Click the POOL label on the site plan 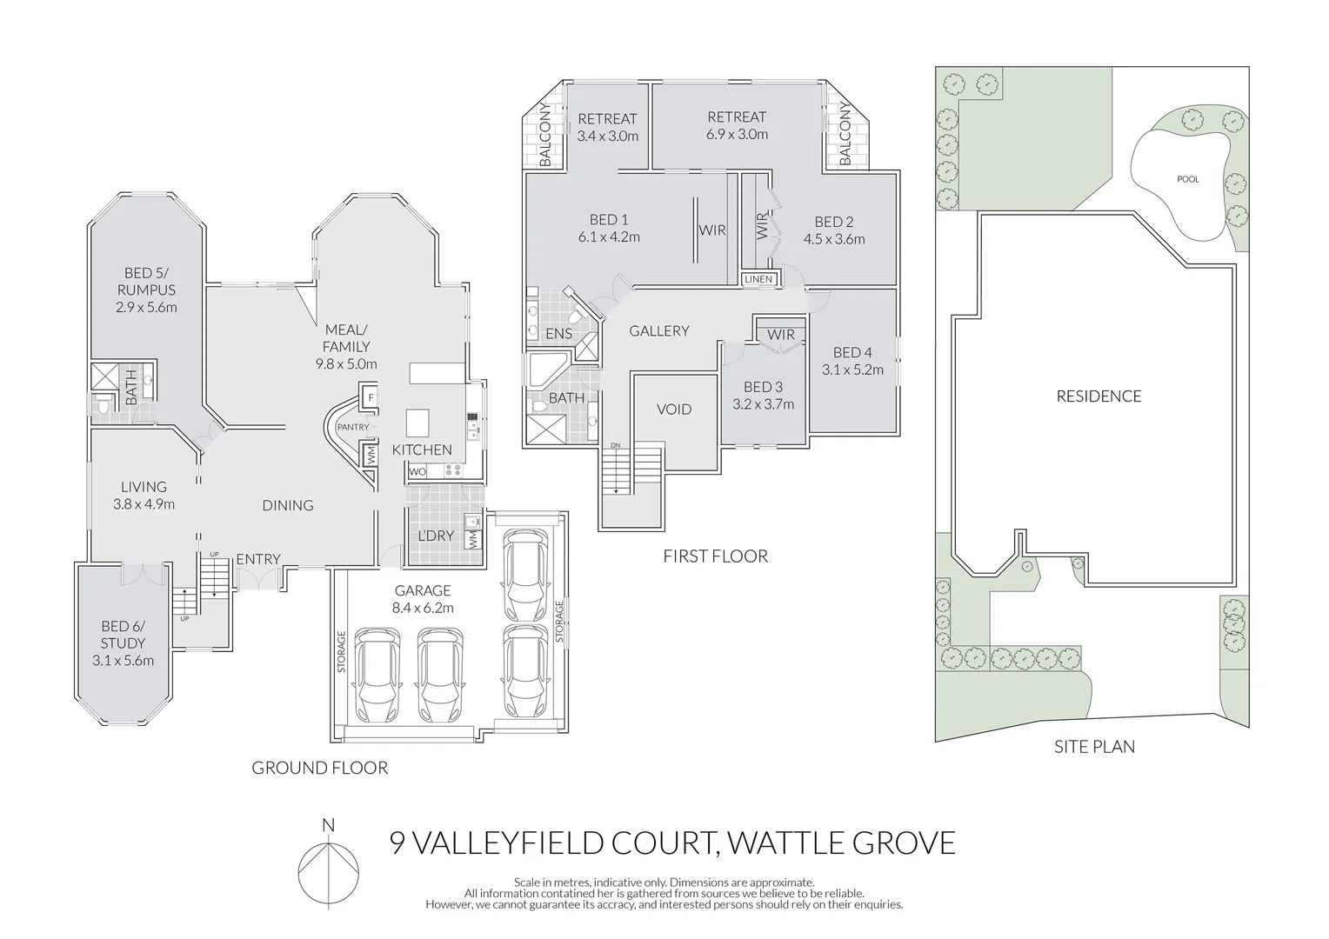1187,179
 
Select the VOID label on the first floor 674,410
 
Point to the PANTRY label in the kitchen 352,427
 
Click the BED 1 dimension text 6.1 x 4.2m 609,236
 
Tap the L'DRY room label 436,536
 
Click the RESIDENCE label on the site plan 1099,396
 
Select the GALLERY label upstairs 659,330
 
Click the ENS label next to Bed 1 558,334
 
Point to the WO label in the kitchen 417,472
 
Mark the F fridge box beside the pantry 371,398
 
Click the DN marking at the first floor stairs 616,446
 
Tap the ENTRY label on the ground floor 258,559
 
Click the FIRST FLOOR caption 715,556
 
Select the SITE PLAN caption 1094,746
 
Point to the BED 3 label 763,387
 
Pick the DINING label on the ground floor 288,505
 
